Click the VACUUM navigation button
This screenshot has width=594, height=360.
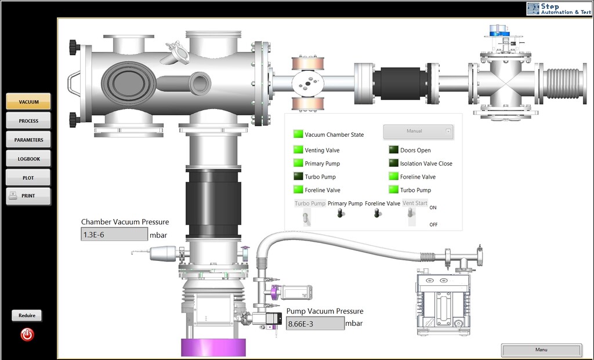(28, 101)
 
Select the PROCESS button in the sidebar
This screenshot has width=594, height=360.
(28, 121)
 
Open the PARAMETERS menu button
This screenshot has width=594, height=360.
(28, 140)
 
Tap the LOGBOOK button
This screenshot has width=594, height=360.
(28, 159)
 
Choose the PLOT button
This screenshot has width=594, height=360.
(28, 177)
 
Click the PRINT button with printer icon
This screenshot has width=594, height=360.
(28, 196)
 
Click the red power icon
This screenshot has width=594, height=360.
(27, 334)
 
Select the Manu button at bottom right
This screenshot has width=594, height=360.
(541, 350)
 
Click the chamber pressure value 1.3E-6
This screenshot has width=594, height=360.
(114, 234)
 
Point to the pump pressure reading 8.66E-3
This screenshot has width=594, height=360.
(315, 323)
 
